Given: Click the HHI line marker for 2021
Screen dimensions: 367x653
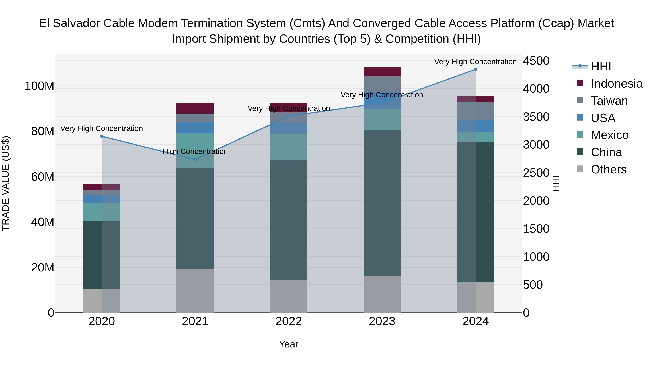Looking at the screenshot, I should tap(195, 159).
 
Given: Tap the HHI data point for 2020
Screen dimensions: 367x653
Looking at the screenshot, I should tap(102, 136).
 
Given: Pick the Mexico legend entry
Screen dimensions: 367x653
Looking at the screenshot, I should tap(609, 135).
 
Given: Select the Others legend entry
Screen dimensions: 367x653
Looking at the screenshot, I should tap(608, 169).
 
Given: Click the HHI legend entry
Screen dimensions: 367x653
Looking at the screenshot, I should tap(601, 66).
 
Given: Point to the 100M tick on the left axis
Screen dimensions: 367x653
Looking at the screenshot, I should tap(39, 86).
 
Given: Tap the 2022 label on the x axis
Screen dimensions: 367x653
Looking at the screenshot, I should tap(288, 321).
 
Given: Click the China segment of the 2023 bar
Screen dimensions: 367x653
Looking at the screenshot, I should tap(382, 203).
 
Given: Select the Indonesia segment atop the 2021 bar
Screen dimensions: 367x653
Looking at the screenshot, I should tap(195, 108).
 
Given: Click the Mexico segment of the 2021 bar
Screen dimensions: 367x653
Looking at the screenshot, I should tap(195, 151).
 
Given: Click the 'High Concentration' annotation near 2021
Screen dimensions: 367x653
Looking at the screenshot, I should tap(195, 152).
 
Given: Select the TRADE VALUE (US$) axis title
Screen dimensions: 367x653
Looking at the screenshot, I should tap(6, 183).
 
